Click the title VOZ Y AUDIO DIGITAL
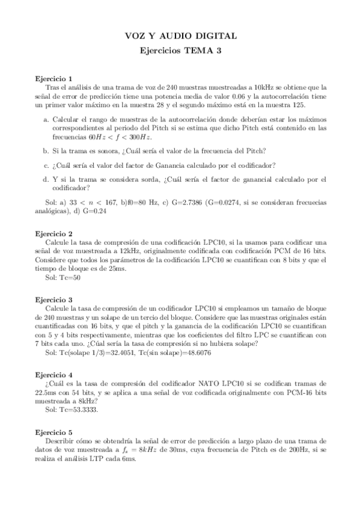click(180, 36)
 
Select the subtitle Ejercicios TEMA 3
click(180, 51)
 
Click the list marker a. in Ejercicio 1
click(46, 120)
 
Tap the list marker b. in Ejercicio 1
click(46, 150)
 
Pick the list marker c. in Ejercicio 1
click(46, 165)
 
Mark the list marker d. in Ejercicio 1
click(46, 179)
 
